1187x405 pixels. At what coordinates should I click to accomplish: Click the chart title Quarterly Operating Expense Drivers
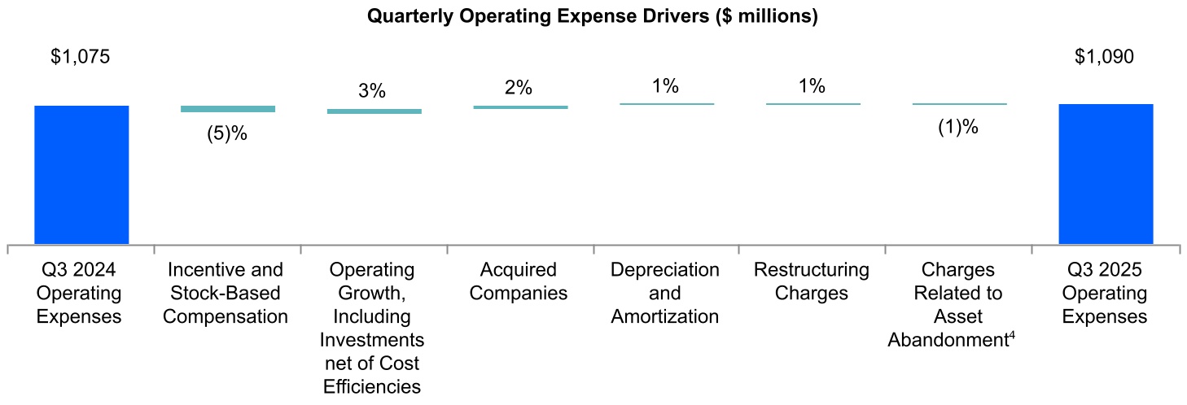[x=593, y=16]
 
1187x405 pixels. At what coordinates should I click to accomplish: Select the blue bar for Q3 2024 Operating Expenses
[x=81, y=174]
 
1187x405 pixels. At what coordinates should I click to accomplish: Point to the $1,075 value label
[x=80, y=58]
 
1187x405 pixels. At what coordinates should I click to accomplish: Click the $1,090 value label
[x=1104, y=58]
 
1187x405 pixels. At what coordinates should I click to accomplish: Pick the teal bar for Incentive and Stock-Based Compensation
[x=227, y=109]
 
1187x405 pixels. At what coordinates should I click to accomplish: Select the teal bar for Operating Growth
[x=374, y=111]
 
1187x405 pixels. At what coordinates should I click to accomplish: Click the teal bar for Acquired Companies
[x=520, y=107]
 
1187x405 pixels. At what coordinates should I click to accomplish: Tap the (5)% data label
[x=226, y=134]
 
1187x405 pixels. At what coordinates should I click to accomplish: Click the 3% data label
[x=372, y=91]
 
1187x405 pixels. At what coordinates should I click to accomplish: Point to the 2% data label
[x=519, y=87]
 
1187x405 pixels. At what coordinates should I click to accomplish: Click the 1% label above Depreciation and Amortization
[x=665, y=85]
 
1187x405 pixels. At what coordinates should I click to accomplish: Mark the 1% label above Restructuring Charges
[x=812, y=85]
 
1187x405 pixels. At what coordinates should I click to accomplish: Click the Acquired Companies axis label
[x=519, y=281]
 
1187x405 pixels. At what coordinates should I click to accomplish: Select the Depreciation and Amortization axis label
[x=665, y=293]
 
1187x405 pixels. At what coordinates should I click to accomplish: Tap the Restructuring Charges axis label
[x=812, y=281]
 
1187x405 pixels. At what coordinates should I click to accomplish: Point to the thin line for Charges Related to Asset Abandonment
[x=959, y=104]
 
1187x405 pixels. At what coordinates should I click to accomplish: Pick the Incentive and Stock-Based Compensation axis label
[x=226, y=293]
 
